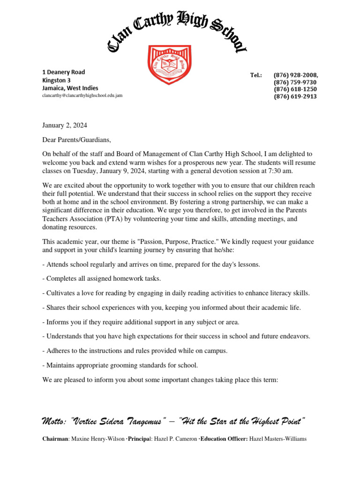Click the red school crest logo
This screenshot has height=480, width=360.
pyautogui.click(x=169, y=65)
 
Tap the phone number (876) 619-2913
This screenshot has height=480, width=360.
pyautogui.click(x=295, y=97)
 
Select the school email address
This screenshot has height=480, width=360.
pyautogui.click(x=82, y=95)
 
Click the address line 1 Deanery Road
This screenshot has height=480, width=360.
pyautogui.click(x=64, y=72)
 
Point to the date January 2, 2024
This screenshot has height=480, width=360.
pyautogui.click(x=65, y=125)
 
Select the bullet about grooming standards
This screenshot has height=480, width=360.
pyautogui.click(x=120, y=365)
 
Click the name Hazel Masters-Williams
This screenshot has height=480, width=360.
pyautogui.click(x=277, y=439)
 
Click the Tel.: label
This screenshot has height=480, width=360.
pyautogui.click(x=256, y=75)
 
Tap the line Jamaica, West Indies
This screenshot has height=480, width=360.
pyautogui.click(x=70, y=88)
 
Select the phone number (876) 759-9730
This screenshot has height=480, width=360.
pyautogui.click(x=295, y=82)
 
